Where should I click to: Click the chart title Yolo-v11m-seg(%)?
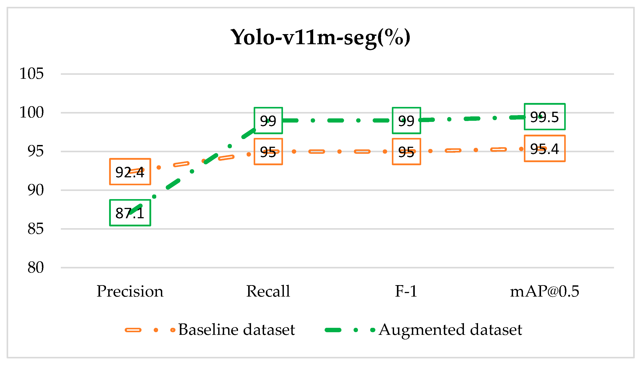tap(320, 38)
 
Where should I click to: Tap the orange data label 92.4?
tap(130, 172)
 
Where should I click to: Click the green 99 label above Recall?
tap(268, 121)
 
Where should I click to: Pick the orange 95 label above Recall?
tap(268, 152)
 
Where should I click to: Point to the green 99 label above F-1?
tap(406, 121)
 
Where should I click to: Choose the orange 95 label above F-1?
tap(406, 152)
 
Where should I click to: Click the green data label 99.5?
tap(545, 117)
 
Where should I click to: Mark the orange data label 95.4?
tap(545, 149)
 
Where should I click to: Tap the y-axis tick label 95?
tap(35, 151)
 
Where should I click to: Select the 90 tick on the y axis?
tap(35, 190)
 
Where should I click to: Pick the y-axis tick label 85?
tap(35, 229)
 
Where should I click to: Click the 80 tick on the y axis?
tap(35, 268)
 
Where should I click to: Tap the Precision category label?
tap(130, 291)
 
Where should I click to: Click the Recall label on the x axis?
tap(268, 291)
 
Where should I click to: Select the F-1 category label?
tap(406, 291)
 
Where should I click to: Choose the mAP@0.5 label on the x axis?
tap(545, 291)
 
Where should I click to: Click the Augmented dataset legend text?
tap(450, 330)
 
